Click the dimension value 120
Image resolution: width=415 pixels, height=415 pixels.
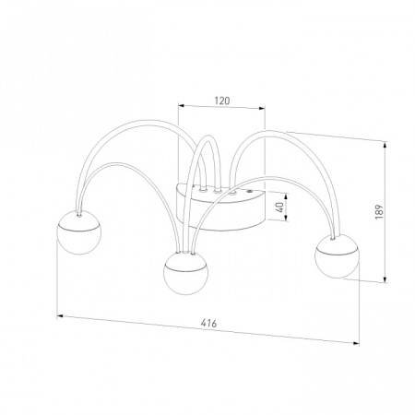[222, 101]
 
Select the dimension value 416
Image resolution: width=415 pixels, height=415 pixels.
[209, 323]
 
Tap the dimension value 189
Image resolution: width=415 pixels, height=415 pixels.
[380, 211]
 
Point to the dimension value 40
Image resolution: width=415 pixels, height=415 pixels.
[279, 207]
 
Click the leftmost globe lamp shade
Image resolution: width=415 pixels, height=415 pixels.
[78, 232]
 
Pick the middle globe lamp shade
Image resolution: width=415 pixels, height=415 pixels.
[185, 273]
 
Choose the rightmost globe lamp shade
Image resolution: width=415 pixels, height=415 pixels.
[337, 256]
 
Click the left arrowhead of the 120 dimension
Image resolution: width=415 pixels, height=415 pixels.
[181, 106]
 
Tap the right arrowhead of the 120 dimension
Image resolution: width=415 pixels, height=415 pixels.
[262, 108]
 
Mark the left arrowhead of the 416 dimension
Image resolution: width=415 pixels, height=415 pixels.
[60, 315]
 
